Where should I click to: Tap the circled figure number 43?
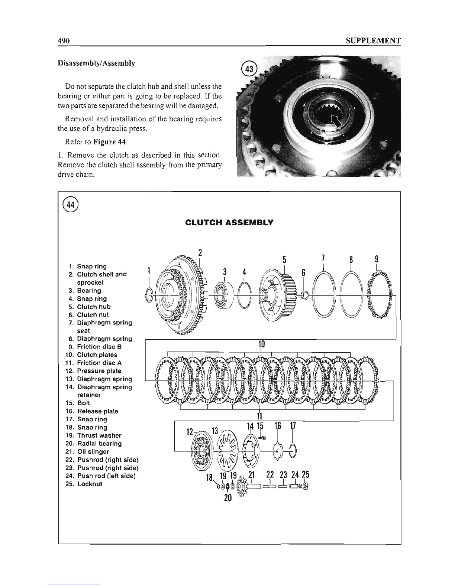247,69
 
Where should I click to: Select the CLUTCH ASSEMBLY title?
229,223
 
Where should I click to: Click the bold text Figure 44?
98,141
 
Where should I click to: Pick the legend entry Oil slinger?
93,452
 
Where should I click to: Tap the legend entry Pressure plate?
99,371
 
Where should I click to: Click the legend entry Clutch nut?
93,315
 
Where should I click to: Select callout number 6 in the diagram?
303,272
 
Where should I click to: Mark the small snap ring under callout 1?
148,295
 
